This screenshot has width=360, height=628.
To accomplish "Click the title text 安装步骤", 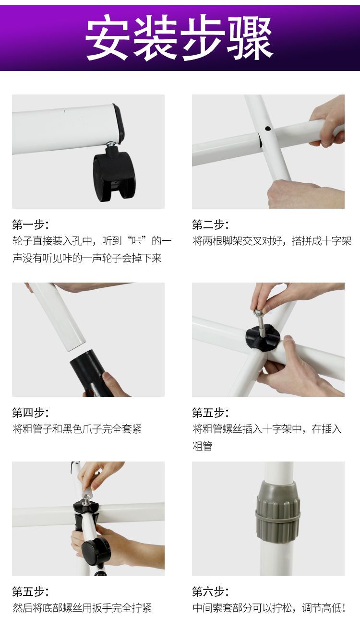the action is [180, 37].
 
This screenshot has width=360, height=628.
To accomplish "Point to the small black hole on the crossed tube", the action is [267, 129].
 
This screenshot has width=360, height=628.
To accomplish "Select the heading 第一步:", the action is [30, 225].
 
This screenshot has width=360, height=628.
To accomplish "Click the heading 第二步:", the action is [210, 225].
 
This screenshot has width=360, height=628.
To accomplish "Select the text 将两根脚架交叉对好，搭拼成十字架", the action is [272, 241].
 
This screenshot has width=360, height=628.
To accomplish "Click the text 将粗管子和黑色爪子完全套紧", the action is [77, 429].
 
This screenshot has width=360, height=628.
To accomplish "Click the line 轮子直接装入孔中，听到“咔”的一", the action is [92, 241].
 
